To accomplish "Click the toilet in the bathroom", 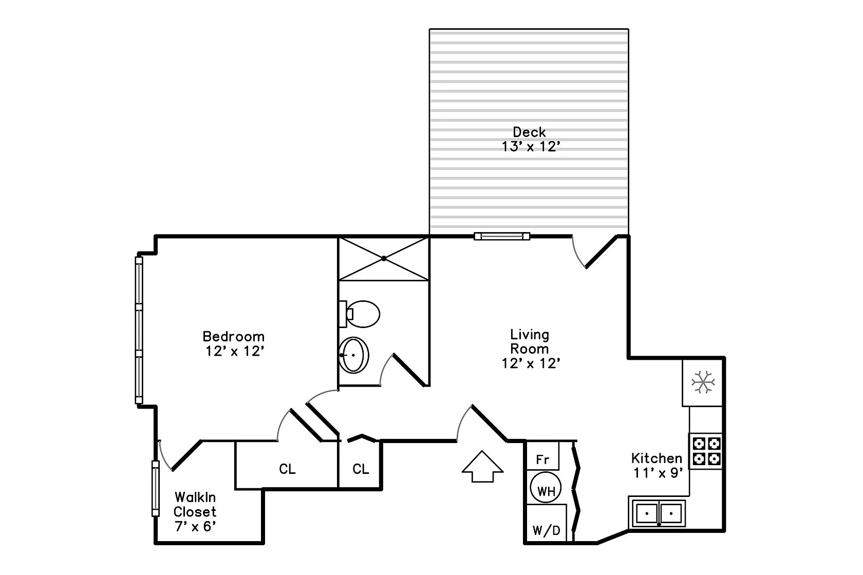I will pos(361,314).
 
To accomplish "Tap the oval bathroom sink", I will pos(354,355).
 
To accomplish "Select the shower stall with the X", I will pos(383,258).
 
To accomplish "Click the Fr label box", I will pos(542,459).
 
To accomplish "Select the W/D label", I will pos(547,530).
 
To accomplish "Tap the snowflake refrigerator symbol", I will pos(703,382).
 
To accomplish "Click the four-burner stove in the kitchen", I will pos(706,450).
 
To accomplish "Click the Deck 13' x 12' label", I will pos(530,139).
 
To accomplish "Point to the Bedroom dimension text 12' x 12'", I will pos(234,352).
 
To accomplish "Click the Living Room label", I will pos(530,341).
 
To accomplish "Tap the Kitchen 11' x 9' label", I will pos(657,465).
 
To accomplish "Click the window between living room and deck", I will pos(501,236).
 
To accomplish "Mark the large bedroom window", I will pos(139,330).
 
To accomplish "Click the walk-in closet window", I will pos(155,488).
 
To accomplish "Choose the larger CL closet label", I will pos(287,469).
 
